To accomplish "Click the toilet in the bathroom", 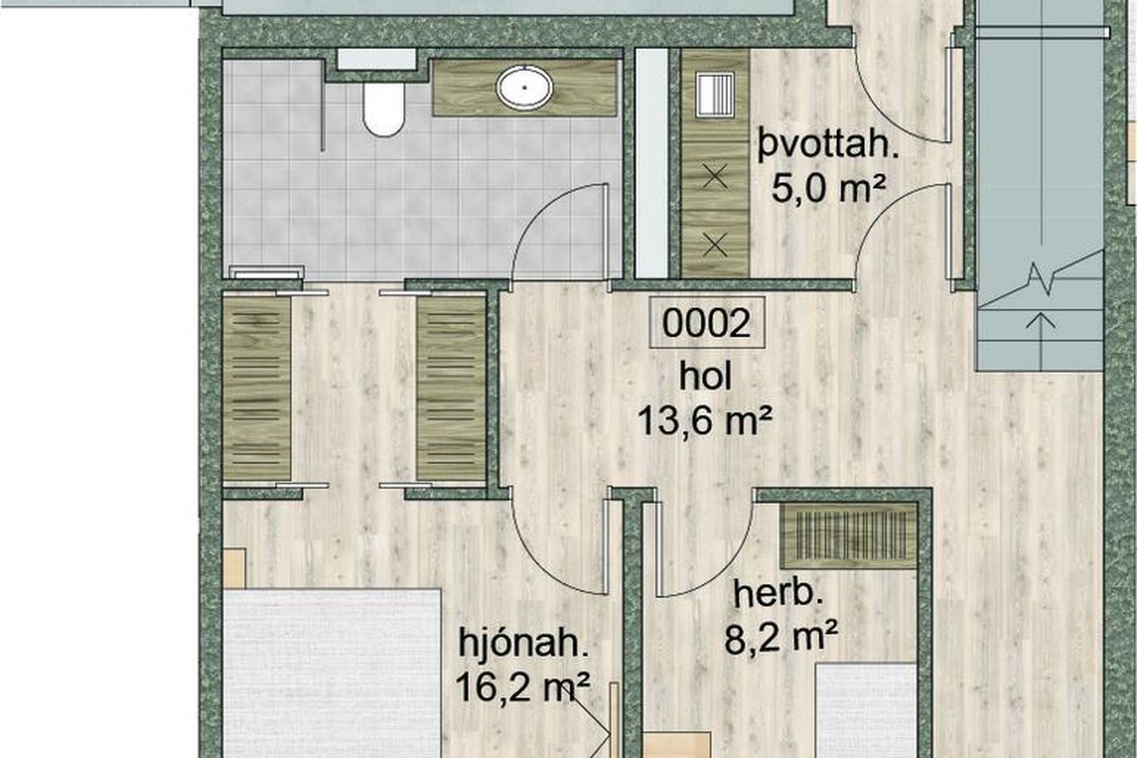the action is tap(384, 109).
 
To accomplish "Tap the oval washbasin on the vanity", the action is tap(525, 87).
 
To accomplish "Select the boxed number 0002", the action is tap(707, 323).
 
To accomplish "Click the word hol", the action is tap(706, 378).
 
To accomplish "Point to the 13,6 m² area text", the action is tap(705, 421).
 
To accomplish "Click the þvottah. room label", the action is tap(828, 144).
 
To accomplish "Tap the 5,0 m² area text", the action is tap(828, 188).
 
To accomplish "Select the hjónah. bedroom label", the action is tap(524, 643).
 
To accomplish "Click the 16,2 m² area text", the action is tap(523, 686).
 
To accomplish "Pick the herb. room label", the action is tap(778, 595).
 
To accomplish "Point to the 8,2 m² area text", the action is tap(781, 638).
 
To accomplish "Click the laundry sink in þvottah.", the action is tap(715, 95).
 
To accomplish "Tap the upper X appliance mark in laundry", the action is tap(715, 177).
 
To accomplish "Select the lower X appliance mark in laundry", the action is tap(715, 246).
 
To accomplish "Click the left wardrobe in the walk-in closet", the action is tap(257, 389).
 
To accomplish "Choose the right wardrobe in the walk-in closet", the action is tap(451, 389).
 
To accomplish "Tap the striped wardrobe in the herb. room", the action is tap(848, 536).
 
